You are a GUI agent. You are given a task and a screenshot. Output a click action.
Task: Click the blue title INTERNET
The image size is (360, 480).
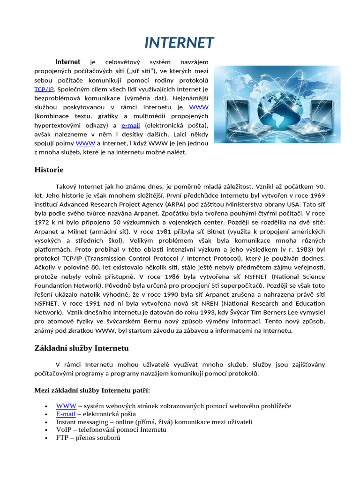(x=180, y=43)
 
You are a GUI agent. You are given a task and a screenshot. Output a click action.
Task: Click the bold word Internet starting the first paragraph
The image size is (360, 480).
(x=68, y=62)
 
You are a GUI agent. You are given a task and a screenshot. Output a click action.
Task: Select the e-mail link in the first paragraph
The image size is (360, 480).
(x=131, y=125)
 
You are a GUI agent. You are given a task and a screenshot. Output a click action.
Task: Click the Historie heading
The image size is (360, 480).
(x=49, y=169)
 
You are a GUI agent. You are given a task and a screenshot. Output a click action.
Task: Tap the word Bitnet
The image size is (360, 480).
(x=214, y=231)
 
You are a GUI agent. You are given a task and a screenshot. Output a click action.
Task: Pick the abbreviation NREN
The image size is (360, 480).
(x=199, y=303)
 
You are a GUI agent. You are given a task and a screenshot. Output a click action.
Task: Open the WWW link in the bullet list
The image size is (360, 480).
(x=66, y=406)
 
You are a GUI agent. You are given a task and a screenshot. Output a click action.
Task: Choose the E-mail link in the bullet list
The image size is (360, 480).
(x=66, y=414)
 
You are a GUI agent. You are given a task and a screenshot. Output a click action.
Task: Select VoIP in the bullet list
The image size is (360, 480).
(x=64, y=430)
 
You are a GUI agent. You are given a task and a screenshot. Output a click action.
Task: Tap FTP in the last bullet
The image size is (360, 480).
(x=62, y=438)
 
